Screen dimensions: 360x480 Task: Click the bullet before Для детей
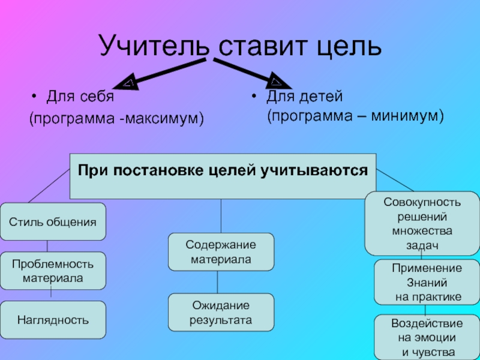(x=255, y=96)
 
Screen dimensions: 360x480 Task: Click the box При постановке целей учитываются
(x=223, y=176)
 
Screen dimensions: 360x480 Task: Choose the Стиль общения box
(x=53, y=222)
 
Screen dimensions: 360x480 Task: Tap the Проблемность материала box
(x=53, y=271)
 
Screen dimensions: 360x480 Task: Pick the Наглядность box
(x=53, y=320)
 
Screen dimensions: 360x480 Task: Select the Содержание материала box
(x=221, y=252)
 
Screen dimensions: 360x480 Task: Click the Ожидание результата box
(x=221, y=313)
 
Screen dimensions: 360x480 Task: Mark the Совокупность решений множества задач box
(x=422, y=223)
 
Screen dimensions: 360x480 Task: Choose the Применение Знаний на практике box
(x=427, y=282)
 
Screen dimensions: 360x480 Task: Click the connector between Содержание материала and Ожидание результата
(x=217, y=282)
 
